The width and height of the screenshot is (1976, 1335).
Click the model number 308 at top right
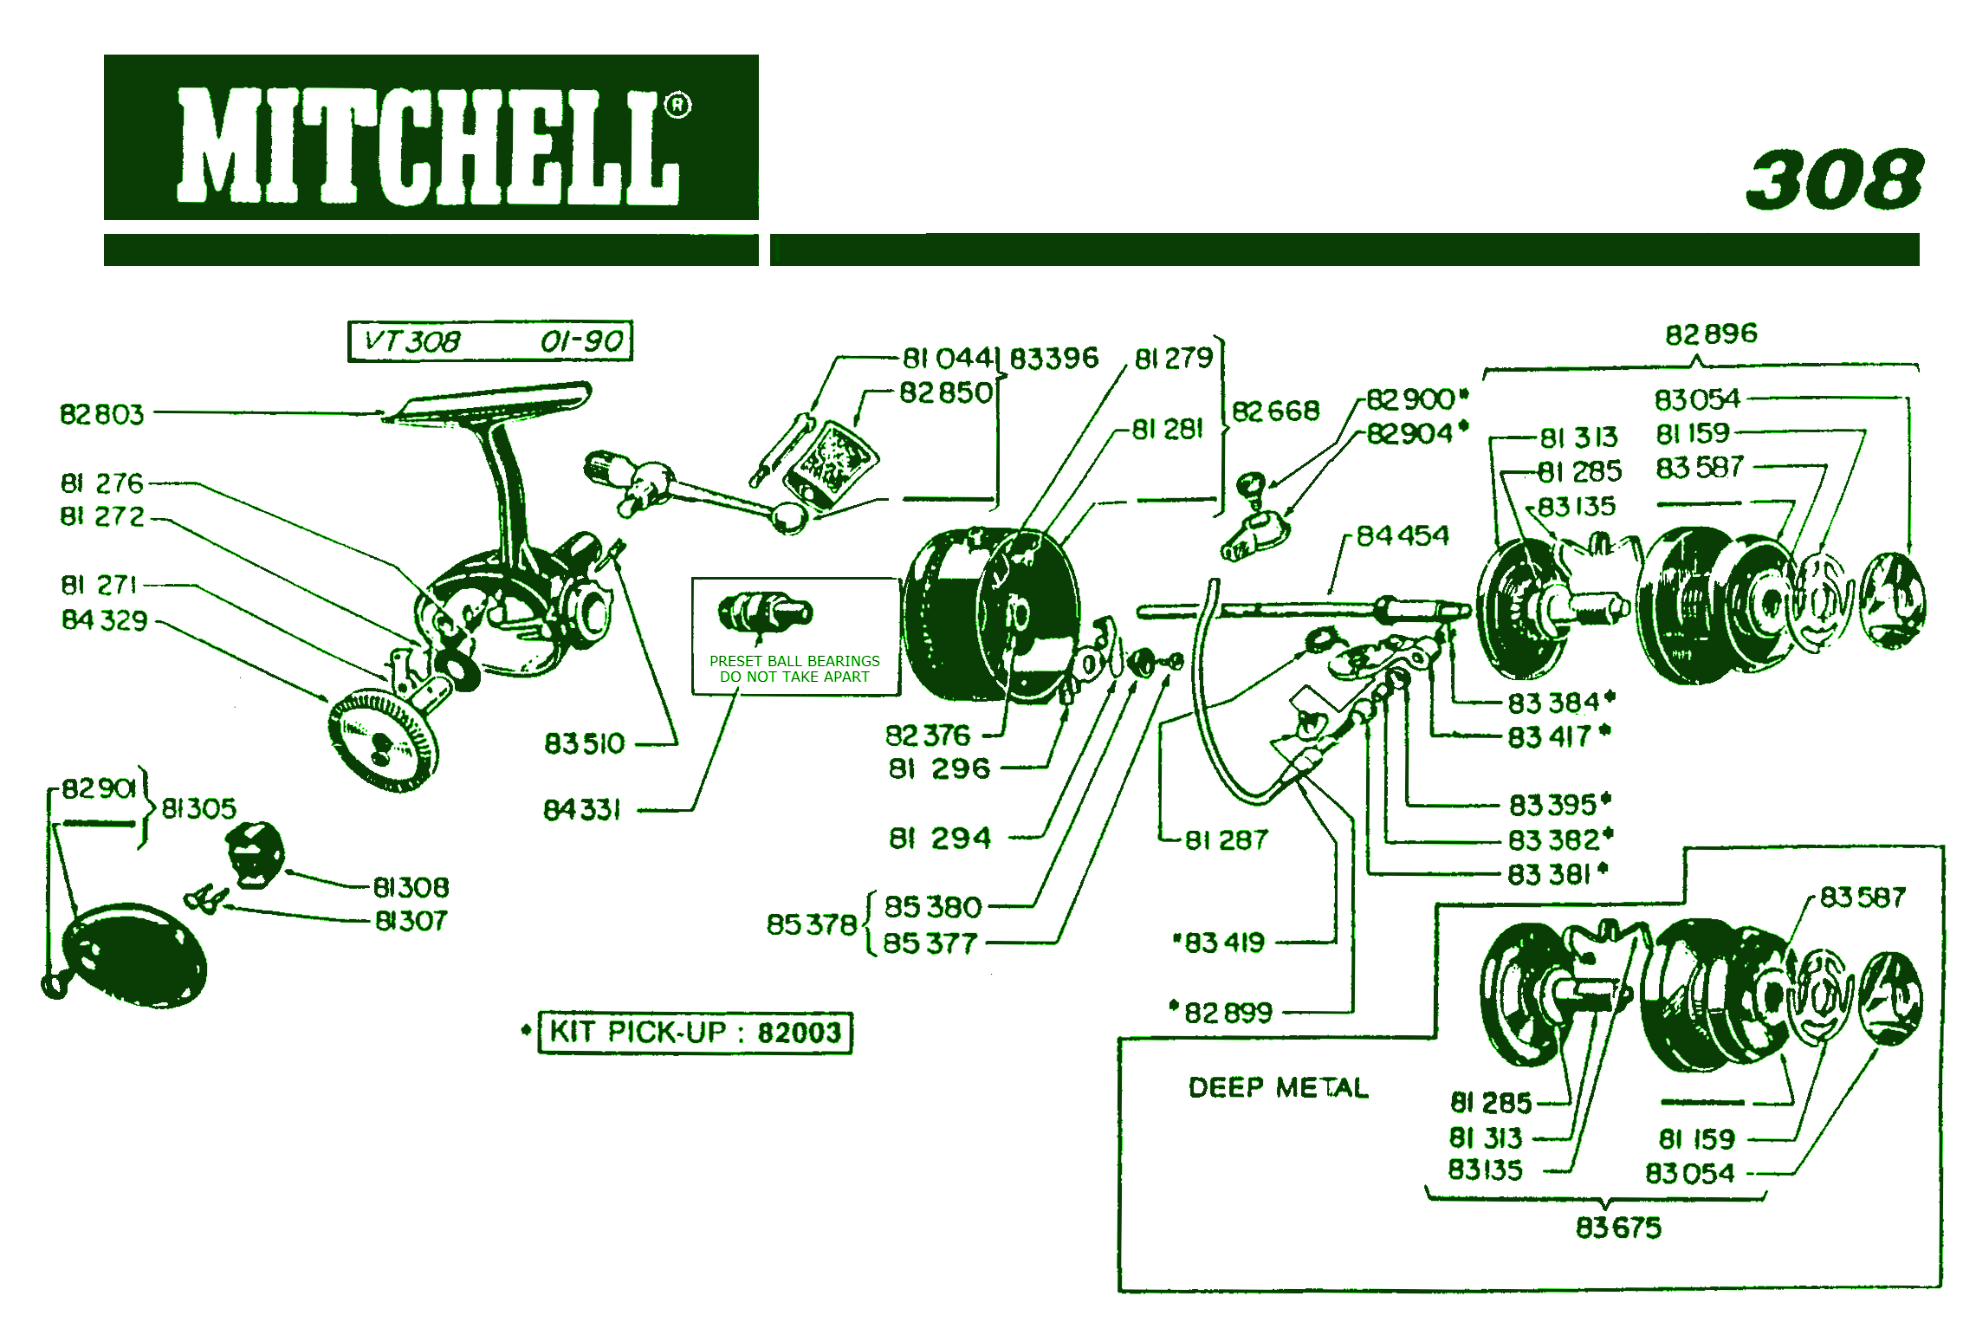coord(1834,180)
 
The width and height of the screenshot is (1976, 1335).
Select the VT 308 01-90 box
coord(490,341)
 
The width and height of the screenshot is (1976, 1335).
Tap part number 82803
coord(101,415)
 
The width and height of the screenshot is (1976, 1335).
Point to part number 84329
coord(104,620)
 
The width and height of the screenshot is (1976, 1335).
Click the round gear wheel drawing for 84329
coord(383,741)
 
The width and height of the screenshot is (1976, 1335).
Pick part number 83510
coord(584,743)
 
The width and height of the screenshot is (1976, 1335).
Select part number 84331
coord(582,810)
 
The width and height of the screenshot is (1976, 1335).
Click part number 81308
coord(411,887)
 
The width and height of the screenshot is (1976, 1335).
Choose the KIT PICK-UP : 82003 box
coord(695,1033)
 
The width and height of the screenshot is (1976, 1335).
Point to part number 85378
coord(811,924)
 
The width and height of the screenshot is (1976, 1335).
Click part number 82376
coord(927,736)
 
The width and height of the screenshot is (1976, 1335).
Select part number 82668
coord(1275,411)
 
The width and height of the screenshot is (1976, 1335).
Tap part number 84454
coord(1402,536)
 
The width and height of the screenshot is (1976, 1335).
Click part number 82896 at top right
coord(1711,334)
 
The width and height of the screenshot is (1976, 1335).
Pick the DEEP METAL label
coord(1278,1088)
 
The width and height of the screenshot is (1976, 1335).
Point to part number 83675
coord(1617,1228)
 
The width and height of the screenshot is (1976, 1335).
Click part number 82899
coord(1228,1012)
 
